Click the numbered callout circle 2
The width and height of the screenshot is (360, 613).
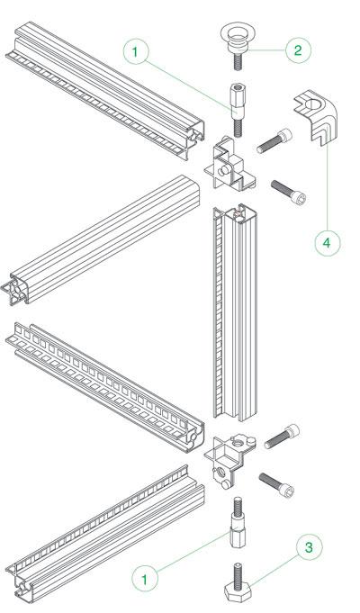pyautogui.click(x=298, y=50)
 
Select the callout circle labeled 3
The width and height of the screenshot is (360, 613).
pyautogui.click(x=309, y=547)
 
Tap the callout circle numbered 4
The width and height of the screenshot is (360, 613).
pyautogui.click(x=327, y=242)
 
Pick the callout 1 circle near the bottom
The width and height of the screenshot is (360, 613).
pyautogui.click(x=143, y=577)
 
